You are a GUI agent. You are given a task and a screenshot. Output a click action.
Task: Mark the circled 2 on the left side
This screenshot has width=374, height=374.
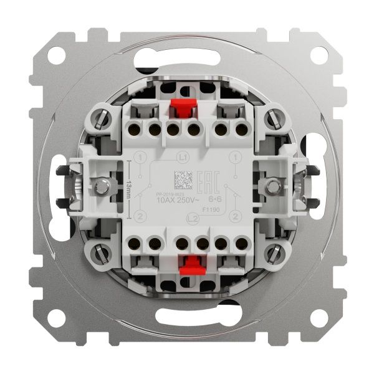[x=142, y=216]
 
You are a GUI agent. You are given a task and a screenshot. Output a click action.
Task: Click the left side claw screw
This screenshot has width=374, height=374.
[x=100, y=185]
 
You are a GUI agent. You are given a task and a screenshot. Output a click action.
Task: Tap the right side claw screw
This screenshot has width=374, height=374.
[x=272, y=185]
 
